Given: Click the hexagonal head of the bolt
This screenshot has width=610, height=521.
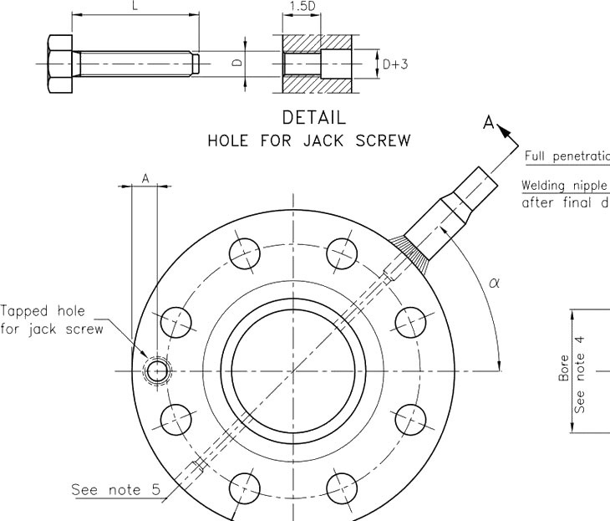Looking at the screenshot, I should [59, 64].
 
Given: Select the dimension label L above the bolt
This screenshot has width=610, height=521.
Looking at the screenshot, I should [135, 6].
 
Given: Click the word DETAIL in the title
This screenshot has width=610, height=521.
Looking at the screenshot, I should [314, 117].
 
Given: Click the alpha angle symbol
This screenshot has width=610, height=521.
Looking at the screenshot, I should [493, 283].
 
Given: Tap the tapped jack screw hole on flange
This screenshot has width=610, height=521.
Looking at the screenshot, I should [155, 370].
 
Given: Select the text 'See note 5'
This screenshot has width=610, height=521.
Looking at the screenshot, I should [115, 489].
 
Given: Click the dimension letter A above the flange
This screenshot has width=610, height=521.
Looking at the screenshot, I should [145, 178].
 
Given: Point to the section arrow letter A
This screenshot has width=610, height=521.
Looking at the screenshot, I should [490, 123].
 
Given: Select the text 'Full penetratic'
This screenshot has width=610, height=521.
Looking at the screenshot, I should [567, 156].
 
